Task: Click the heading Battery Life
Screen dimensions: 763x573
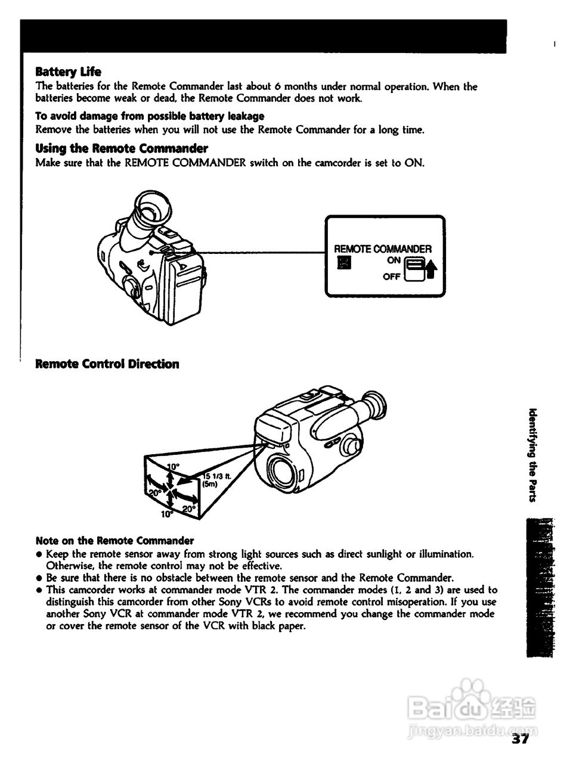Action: tap(69, 72)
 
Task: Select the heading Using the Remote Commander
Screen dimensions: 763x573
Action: tap(122, 148)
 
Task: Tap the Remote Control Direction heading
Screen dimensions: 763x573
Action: tap(107, 364)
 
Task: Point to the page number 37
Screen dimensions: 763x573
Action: tap(521, 740)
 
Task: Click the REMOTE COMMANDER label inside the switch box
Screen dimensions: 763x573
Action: tap(382, 249)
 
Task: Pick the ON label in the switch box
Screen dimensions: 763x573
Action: tap(394, 261)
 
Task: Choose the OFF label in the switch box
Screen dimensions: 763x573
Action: tap(392, 277)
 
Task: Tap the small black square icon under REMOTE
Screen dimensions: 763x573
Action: tap(342, 263)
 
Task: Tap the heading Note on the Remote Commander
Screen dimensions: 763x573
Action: tap(115, 541)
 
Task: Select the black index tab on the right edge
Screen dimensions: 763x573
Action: tap(540, 587)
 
